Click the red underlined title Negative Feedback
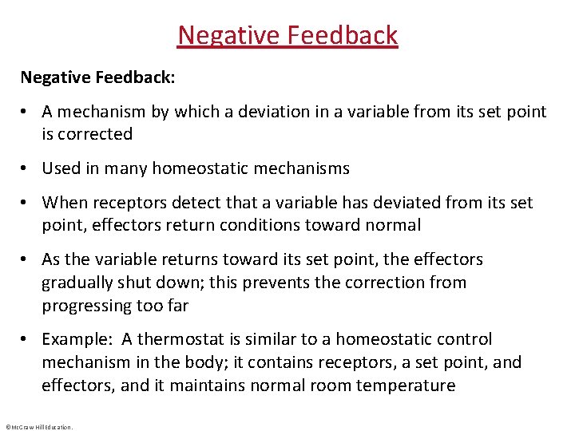point(287,36)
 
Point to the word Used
point(61,168)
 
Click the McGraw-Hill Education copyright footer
point(38,427)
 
